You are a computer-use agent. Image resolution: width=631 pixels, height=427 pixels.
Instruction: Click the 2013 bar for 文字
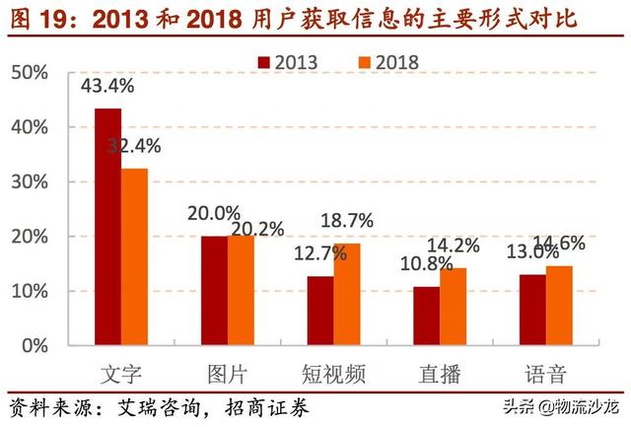coord(107,227)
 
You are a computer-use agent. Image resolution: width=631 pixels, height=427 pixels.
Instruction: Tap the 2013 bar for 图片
coord(214,291)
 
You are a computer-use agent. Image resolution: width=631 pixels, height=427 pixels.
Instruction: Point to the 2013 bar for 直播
coord(426,316)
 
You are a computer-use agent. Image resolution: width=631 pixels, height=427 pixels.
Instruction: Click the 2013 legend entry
coord(287,61)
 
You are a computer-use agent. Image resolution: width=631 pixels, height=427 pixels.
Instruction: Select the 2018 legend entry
coord(387,61)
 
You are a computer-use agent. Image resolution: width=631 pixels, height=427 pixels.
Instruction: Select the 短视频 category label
coord(334,374)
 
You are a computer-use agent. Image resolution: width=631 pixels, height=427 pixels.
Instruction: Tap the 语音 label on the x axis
coord(545,374)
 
